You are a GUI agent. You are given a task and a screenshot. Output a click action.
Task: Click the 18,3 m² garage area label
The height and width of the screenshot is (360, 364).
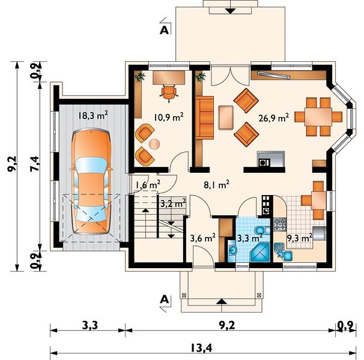(93, 115)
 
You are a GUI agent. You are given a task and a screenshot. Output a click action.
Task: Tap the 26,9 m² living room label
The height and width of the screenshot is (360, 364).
(274, 118)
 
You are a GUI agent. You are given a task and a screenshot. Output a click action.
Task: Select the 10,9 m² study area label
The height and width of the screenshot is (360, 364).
(169, 117)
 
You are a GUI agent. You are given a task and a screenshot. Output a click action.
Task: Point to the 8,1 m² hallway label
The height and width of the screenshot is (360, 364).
(217, 185)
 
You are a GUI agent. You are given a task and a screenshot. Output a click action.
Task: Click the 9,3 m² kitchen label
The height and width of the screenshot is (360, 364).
(300, 238)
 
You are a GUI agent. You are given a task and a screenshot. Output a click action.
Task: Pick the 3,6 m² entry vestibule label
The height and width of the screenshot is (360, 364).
(202, 238)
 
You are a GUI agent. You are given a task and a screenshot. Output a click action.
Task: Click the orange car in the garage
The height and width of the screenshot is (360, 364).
(91, 182)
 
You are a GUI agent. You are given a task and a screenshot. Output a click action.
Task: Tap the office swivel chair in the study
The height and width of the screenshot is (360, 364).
(169, 93)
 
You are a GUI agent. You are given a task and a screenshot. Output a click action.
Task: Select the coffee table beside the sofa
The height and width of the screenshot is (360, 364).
(226, 118)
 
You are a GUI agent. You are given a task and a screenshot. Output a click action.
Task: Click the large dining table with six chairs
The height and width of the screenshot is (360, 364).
(318, 116)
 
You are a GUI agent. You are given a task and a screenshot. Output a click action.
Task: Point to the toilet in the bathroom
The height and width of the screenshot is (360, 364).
(262, 230)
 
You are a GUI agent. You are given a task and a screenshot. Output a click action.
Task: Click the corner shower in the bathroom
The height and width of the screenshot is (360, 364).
(259, 253)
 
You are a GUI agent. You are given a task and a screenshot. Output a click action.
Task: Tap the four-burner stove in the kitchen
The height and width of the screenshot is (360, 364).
(280, 224)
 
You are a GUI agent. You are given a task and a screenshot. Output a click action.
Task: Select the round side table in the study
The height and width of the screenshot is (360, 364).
(154, 144)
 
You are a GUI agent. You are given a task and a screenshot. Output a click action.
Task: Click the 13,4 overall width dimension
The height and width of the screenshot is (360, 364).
(201, 348)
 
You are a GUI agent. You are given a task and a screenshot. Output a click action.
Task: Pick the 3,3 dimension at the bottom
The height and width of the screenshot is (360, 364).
(90, 325)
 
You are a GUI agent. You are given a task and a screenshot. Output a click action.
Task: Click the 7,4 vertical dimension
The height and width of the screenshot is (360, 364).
(35, 164)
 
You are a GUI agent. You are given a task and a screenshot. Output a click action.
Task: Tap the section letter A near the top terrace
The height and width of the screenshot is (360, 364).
(164, 31)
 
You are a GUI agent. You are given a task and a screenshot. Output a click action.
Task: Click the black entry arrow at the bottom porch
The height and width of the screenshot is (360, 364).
(222, 301)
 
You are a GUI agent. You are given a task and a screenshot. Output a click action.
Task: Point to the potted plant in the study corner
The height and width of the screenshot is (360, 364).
(140, 76)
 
